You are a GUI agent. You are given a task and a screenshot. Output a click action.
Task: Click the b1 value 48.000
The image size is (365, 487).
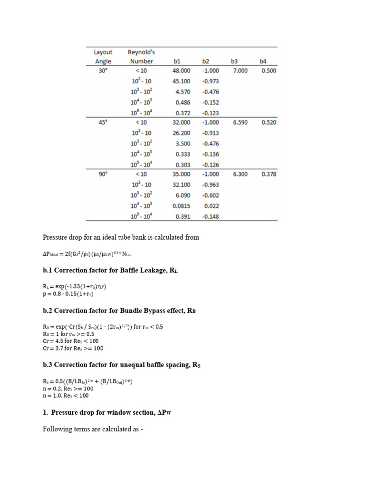tap(181, 71)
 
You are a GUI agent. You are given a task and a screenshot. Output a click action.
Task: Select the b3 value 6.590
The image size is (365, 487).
tap(240, 123)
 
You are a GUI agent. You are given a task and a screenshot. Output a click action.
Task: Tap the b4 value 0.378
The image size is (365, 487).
tap(269, 175)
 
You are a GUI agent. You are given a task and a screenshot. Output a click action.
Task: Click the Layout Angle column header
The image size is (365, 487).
tap(103, 57)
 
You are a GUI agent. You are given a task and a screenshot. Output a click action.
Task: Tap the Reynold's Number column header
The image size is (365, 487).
tap(141, 57)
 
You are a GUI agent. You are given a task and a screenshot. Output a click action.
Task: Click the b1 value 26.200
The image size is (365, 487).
tap(181, 133)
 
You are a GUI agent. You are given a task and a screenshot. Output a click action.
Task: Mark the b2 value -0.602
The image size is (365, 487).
tap(210, 195)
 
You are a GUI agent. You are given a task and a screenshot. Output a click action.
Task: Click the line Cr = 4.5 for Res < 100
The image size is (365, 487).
tap(70, 341)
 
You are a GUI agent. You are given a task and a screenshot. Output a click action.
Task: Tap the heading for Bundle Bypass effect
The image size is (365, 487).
tap(119, 311)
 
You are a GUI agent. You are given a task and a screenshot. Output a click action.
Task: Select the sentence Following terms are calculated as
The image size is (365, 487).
tap(93, 429)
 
